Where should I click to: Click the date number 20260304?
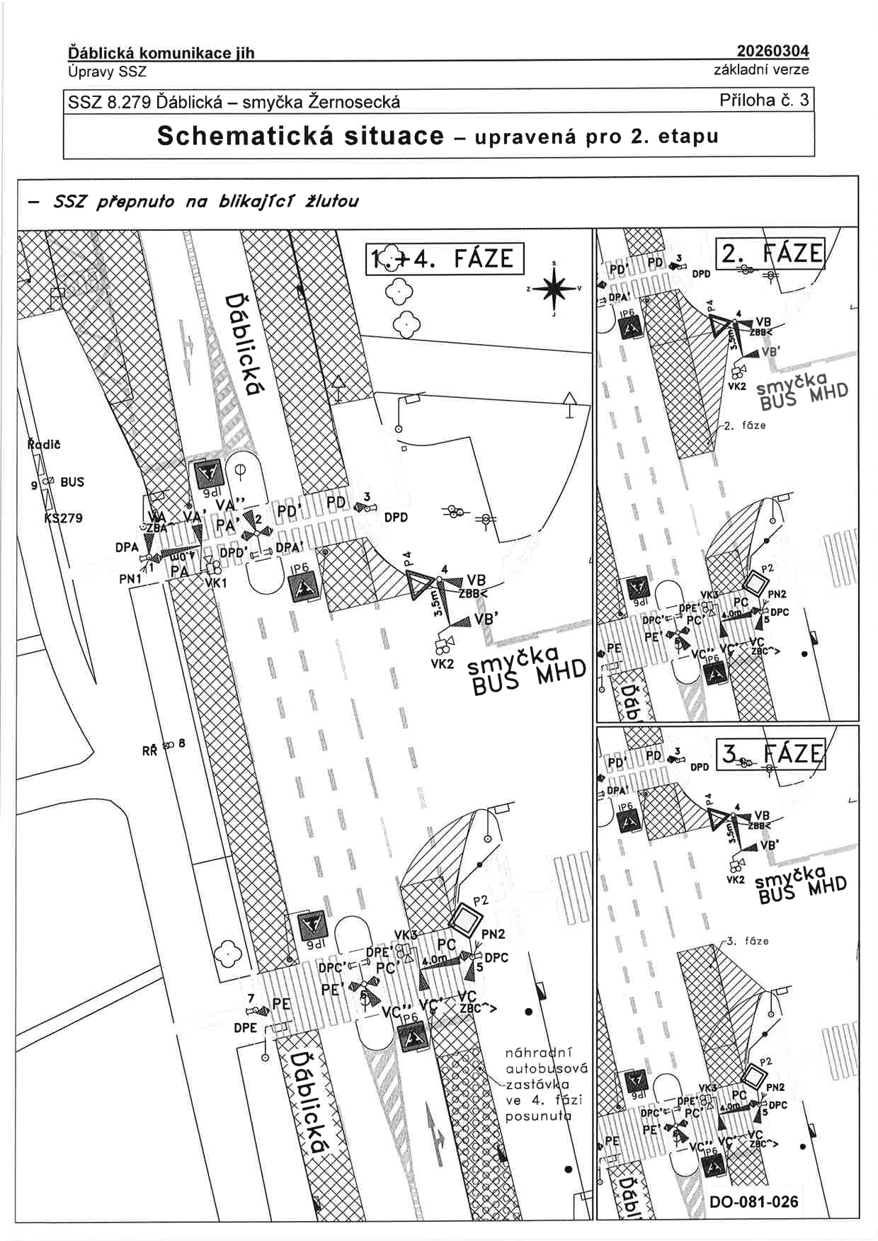772,51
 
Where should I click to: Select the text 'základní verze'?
761,69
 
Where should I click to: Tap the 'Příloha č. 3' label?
763,100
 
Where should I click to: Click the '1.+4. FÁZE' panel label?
445,258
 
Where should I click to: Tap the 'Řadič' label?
44,445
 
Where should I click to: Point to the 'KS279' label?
63,517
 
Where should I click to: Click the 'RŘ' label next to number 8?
149,750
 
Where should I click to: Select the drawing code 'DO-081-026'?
753,1201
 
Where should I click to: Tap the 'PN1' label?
130,579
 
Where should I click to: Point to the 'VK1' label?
215,583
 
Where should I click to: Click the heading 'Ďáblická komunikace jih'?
161,53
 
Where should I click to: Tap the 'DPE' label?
245,1027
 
